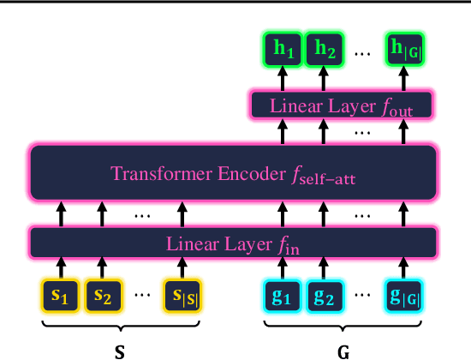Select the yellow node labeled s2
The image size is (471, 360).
coord(102,296)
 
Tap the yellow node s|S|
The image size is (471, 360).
coord(182,296)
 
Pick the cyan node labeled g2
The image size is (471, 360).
coord(325,296)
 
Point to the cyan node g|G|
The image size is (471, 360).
coord(404,296)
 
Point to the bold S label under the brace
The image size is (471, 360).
coord(120,351)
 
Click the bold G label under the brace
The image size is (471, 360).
coord(343,351)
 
